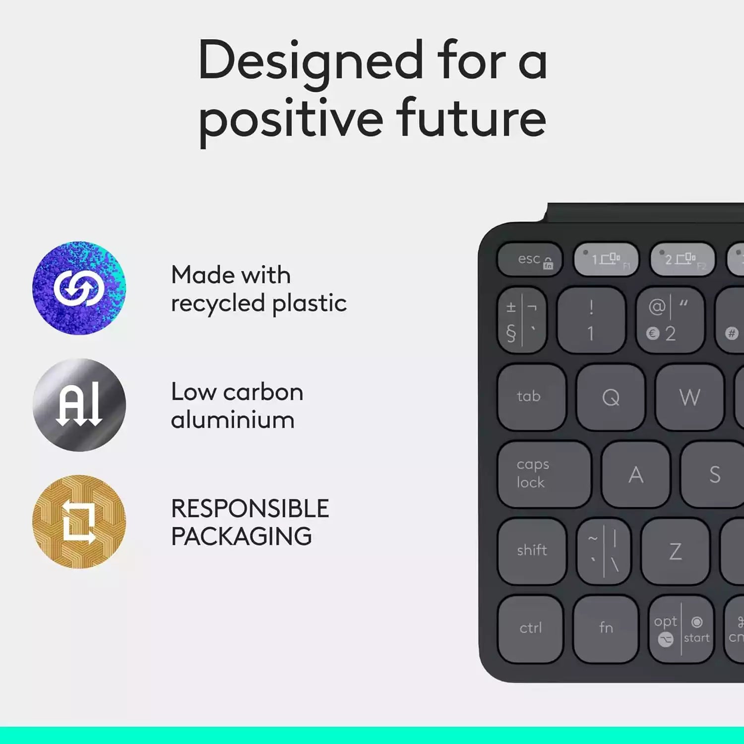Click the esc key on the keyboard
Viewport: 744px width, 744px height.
click(x=530, y=259)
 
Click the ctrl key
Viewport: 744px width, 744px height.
click(x=530, y=628)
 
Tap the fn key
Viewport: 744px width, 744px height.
click(x=606, y=628)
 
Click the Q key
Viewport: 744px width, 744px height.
click(x=611, y=397)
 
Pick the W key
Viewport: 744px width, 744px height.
click(x=689, y=397)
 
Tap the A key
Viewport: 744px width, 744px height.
click(x=635, y=475)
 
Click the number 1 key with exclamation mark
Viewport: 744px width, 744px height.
click(x=591, y=320)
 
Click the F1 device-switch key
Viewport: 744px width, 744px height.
click(x=606, y=259)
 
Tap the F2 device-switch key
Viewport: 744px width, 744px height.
click(x=682, y=259)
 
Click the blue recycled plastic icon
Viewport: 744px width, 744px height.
click(x=79, y=288)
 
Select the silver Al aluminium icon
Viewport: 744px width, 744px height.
click(x=79, y=405)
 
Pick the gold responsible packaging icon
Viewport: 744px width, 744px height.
click(x=79, y=521)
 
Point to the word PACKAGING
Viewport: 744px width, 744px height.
click(x=242, y=537)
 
